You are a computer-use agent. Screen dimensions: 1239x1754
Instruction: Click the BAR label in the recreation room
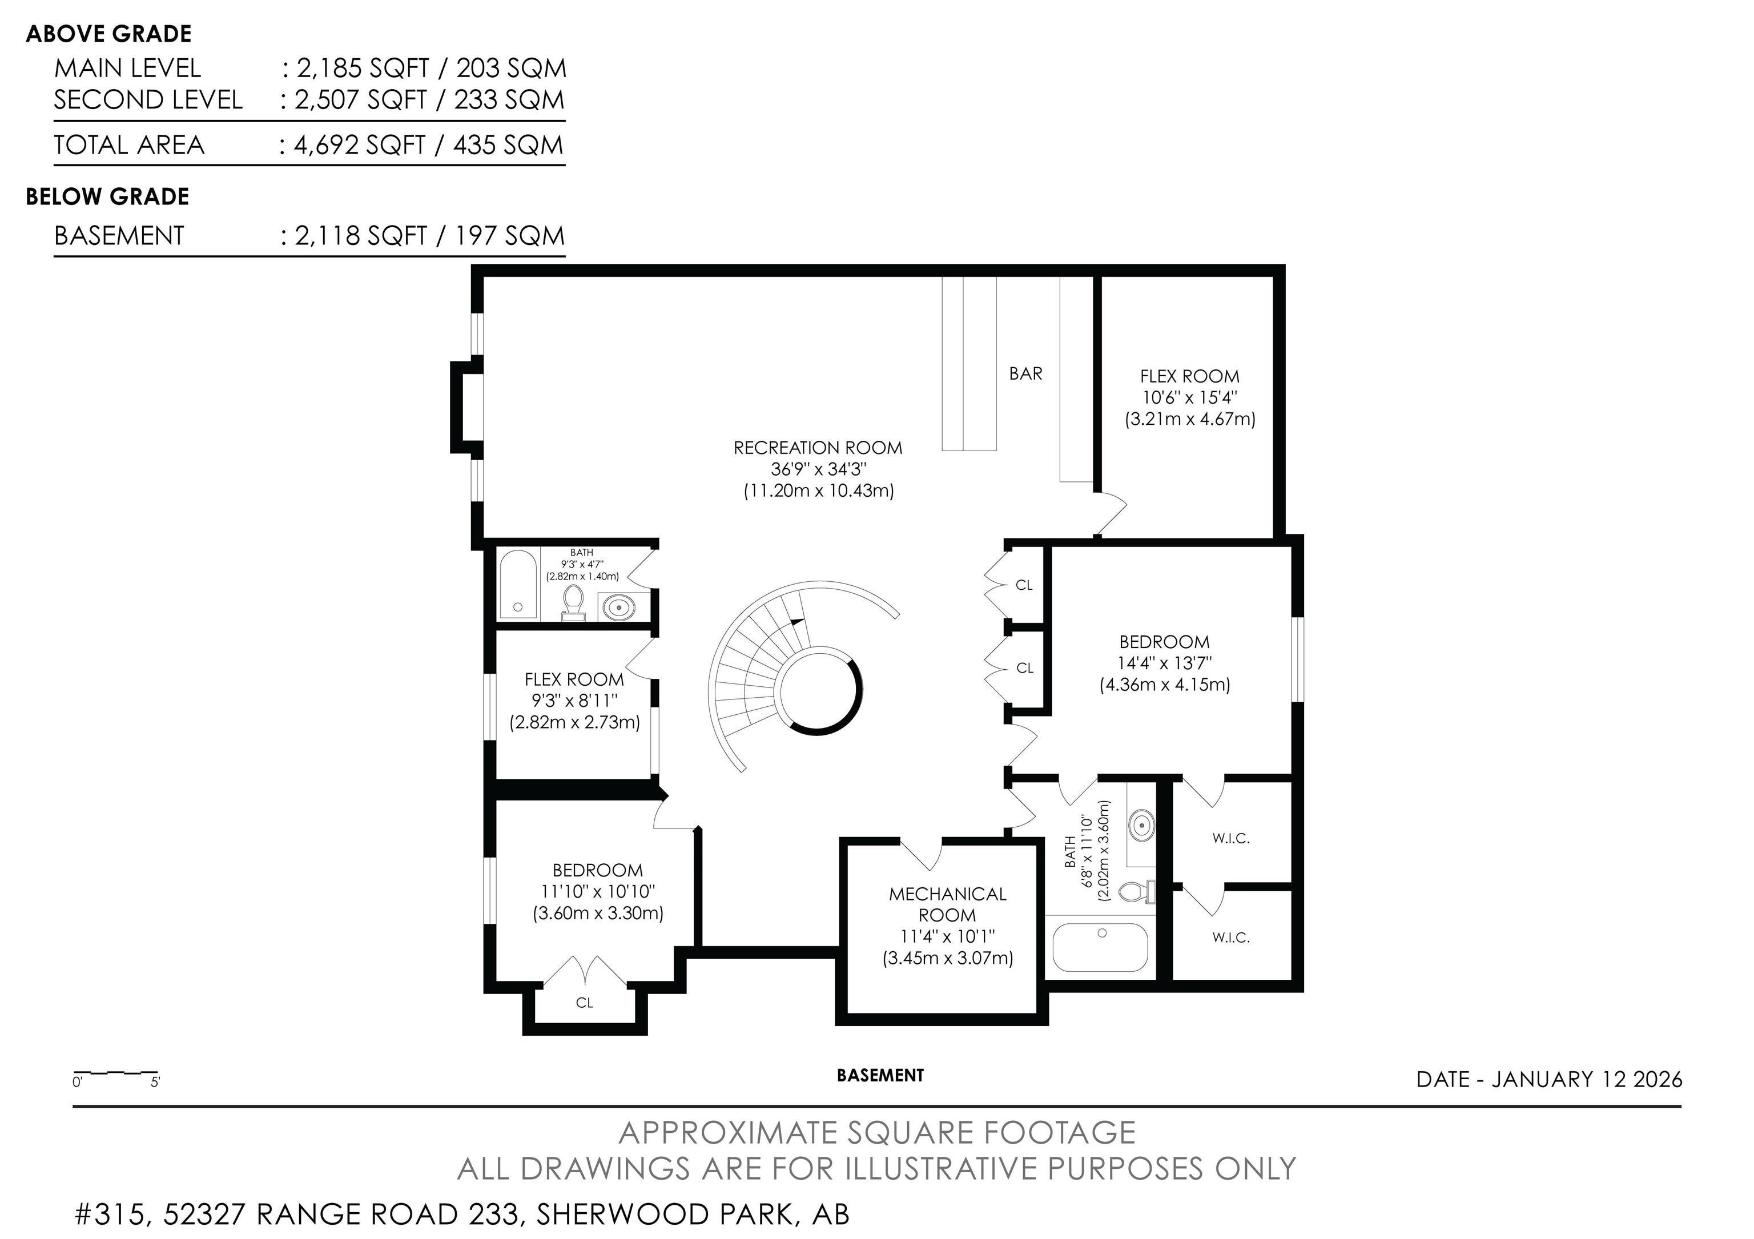click(1025, 373)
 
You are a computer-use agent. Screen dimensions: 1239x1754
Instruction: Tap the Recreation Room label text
click(818, 448)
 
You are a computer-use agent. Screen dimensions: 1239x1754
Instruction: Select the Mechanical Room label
click(947, 904)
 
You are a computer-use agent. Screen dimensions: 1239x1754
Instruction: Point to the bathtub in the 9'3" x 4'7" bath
click(517, 584)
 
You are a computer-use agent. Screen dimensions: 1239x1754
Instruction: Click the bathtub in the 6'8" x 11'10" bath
click(1100, 947)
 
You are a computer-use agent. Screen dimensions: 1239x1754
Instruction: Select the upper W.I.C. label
click(1230, 838)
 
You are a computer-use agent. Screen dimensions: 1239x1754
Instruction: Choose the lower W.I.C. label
click(1230, 938)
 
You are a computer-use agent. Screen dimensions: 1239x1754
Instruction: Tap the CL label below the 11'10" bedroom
click(585, 1002)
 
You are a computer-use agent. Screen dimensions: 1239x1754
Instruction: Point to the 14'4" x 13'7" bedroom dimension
click(1164, 663)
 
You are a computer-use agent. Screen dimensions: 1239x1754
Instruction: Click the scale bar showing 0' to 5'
click(115, 1074)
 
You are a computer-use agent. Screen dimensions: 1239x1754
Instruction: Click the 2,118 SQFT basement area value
click(361, 235)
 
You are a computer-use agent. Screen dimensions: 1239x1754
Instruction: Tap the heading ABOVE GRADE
click(108, 34)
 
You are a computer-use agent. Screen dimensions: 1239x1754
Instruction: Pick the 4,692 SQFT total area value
click(359, 144)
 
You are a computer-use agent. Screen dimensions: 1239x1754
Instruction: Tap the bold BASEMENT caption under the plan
click(880, 1076)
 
